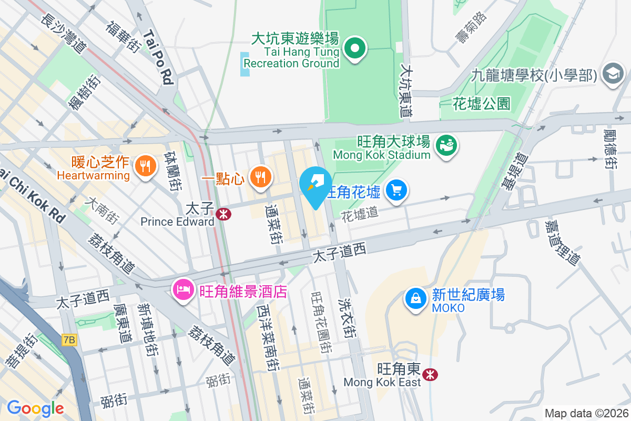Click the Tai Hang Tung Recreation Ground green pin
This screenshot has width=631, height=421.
[355, 49]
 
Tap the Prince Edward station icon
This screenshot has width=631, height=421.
[223, 214]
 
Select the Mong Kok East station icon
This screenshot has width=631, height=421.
[431, 374]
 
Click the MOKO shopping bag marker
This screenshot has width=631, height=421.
[416, 298]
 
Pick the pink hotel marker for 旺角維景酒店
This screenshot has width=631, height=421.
[184, 290]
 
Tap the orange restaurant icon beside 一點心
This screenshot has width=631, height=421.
[260, 177]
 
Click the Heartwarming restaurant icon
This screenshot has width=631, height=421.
[145, 167]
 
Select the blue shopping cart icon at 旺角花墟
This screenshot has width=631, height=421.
[397, 190]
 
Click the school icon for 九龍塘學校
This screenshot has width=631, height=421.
[613, 73]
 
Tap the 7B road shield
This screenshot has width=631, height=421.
[69, 340]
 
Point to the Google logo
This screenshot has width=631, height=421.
[35, 408]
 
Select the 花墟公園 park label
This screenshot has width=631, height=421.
[481, 103]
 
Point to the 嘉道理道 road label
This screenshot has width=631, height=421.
[562, 242]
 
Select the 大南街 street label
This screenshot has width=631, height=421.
[103, 209]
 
